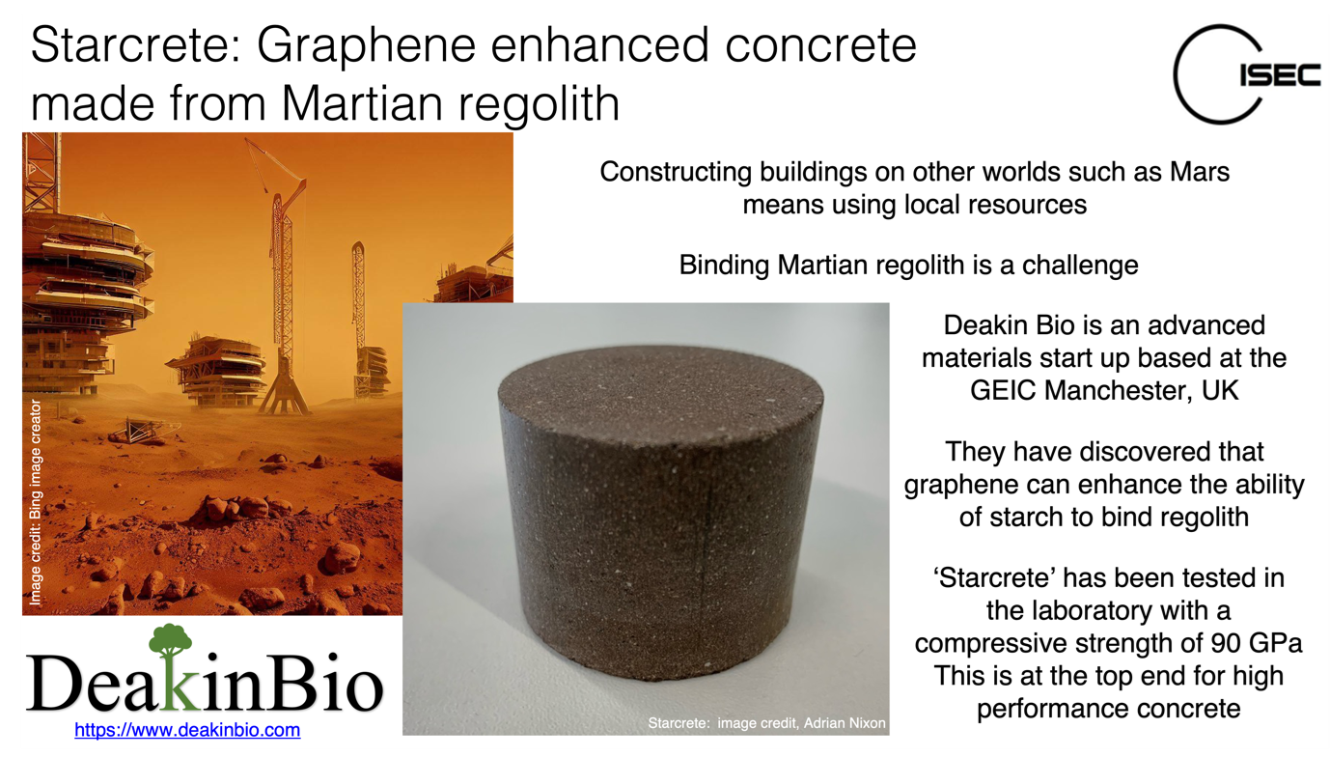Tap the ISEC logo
click(1245, 74)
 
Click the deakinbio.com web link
click(187, 730)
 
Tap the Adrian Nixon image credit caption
click(766, 722)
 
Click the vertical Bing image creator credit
click(36, 502)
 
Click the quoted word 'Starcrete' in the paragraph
click(999, 577)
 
